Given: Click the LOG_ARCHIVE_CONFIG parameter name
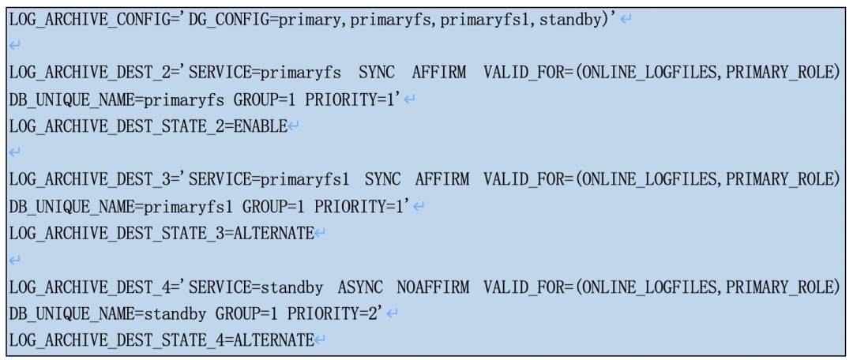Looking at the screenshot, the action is tap(86, 18).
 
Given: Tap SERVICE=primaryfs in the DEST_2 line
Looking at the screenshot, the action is tap(265, 73).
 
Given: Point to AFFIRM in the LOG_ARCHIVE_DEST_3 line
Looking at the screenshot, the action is tap(442, 179).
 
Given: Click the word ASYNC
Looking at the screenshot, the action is tap(361, 286).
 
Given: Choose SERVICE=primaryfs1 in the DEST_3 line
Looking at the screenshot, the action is tap(269, 179).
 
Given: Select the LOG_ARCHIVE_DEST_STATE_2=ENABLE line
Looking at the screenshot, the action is tap(148, 126).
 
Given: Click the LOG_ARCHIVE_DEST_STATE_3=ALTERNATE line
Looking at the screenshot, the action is tap(161, 233).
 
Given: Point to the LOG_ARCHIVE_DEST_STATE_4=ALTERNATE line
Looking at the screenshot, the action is tap(161, 340).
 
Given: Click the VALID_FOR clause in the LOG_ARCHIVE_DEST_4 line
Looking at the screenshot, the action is tap(660, 286).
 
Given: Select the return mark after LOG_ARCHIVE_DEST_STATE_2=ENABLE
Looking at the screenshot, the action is tap(293, 126).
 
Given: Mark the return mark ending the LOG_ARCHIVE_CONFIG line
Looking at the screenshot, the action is tap(626, 19).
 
